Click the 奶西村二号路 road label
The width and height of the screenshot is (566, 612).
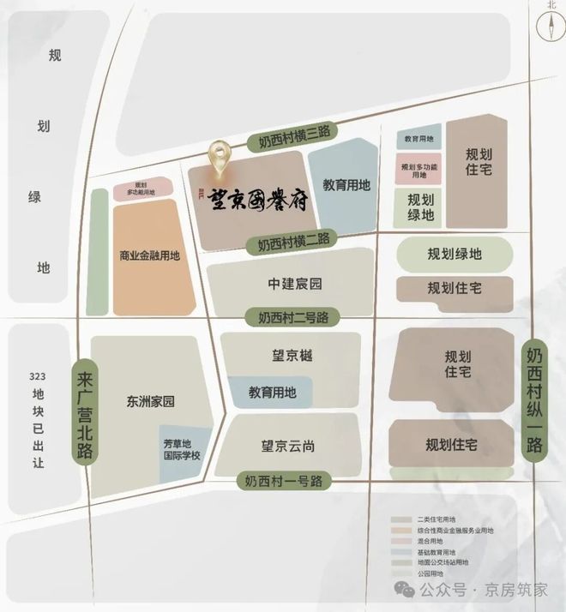pos(293,317)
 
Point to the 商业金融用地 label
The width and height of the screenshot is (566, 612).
pos(150,255)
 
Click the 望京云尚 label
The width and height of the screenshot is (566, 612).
pos(288,446)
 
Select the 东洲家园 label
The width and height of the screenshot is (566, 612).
pos(150,401)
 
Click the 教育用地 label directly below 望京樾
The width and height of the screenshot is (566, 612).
pos(273,393)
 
